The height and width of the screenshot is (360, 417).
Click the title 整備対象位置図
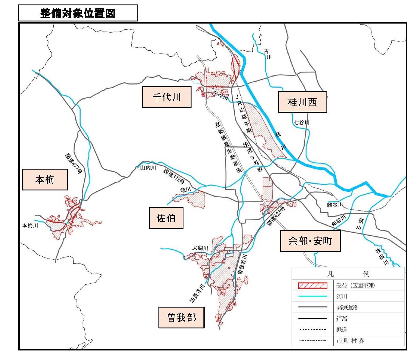tap(78, 13)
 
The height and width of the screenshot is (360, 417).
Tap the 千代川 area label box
tap(167, 97)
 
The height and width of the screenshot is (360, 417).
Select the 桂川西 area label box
tap(302, 102)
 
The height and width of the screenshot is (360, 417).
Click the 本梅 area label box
tap(45, 179)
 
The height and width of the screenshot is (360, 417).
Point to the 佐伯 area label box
tap(166, 218)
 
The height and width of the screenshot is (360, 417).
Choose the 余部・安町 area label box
tap(310, 241)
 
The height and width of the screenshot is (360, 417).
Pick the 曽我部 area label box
tap(181, 317)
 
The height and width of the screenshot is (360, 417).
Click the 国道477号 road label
tap(73, 164)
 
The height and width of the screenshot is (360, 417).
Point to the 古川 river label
tap(267, 54)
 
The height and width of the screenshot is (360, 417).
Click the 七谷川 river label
tap(301, 122)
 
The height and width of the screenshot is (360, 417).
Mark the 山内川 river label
tap(148, 168)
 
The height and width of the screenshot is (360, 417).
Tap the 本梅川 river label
tap(30, 226)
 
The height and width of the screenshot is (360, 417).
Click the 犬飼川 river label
tap(200, 248)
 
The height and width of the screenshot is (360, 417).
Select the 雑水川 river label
tap(335, 204)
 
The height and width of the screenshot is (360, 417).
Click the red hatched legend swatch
tap(312, 285)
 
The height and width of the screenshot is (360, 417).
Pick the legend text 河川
tap(342, 297)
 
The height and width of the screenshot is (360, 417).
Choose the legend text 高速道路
tap(347, 308)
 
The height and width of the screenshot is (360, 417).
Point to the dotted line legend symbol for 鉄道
tap(312, 329)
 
